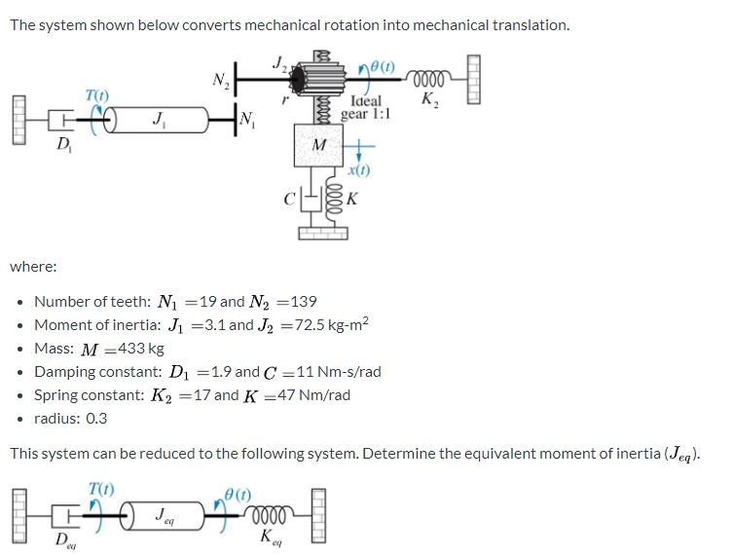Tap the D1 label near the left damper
pyautogui.click(x=63, y=146)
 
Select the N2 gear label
pyautogui.click(x=221, y=80)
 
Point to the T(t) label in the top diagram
pyautogui.click(x=97, y=93)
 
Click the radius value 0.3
pyautogui.click(x=96, y=419)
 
